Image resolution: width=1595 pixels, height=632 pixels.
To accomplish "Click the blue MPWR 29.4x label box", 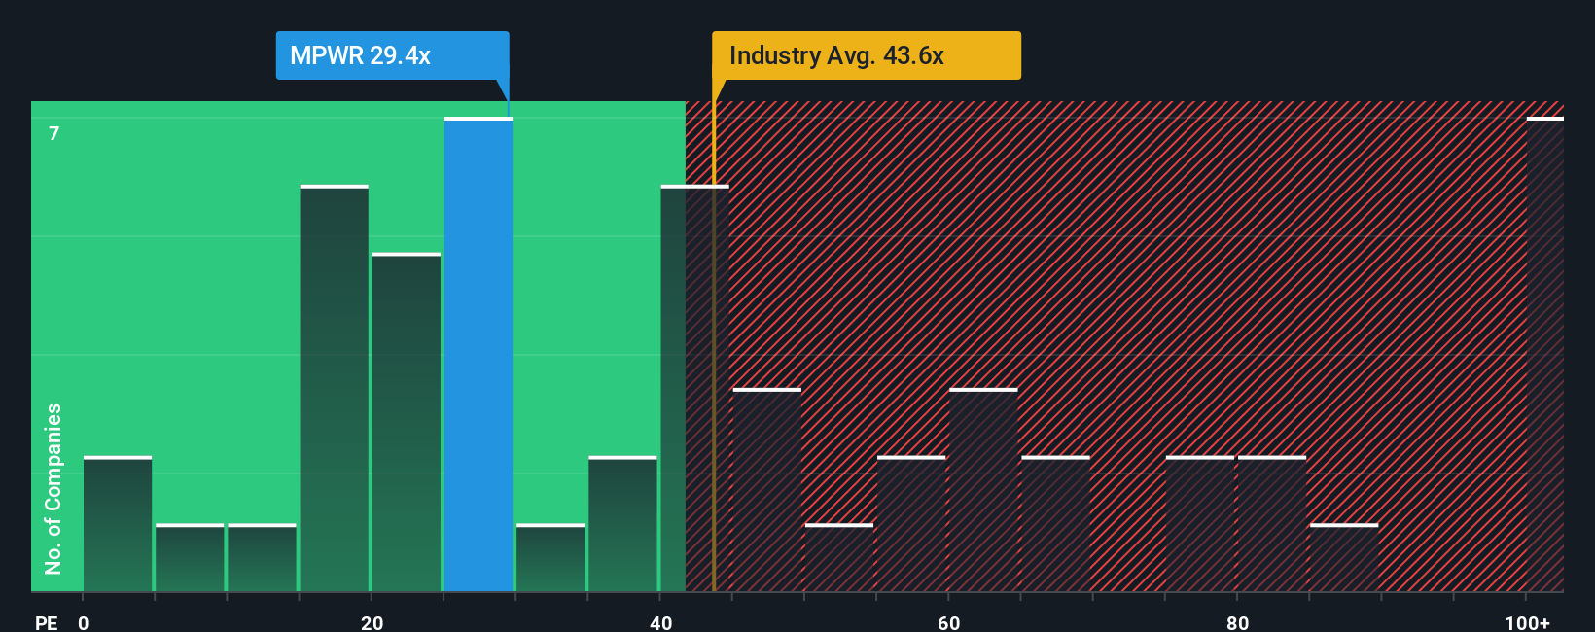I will pyautogui.click(x=392, y=55).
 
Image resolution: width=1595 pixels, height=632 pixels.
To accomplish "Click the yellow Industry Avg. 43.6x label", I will pyautogui.click(x=866, y=55).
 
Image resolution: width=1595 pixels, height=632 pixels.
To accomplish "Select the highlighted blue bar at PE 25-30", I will pyautogui.click(x=478, y=355).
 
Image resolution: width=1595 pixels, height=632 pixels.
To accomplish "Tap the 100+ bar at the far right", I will pyautogui.click(x=1544, y=355).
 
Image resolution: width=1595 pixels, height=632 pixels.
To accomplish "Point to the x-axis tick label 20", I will pyautogui.click(x=372, y=622).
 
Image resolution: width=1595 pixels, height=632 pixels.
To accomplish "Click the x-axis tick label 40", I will pyautogui.click(x=660, y=622).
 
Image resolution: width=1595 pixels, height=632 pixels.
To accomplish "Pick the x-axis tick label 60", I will pyautogui.click(x=949, y=622).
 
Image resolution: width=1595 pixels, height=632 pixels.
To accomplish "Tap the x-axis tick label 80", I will pyautogui.click(x=1237, y=622).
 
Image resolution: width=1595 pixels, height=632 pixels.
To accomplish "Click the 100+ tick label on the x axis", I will pyautogui.click(x=1527, y=622).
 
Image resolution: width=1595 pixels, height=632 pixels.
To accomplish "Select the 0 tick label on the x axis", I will pyautogui.click(x=84, y=622).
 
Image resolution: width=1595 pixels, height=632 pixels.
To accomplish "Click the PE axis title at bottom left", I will pyautogui.click(x=46, y=622).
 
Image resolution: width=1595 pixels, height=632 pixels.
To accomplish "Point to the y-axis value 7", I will pyautogui.click(x=54, y=133).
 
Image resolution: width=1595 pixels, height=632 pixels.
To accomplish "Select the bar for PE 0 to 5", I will pyautogui.click(x=118, y=525).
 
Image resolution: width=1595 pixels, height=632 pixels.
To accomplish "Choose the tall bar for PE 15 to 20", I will pyautogui.click(x=335, y=389).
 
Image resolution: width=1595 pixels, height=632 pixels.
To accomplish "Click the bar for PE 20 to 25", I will pyautogui.click(x=407, y=423).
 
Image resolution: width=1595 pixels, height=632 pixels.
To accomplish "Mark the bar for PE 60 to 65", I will pyautogui.click(x=983, y=491).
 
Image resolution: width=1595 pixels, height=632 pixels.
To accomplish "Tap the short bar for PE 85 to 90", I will pyautogui.click(x=1344, y=559).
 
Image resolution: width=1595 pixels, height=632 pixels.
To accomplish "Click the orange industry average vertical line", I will pyautogui.click(x=714, y=389).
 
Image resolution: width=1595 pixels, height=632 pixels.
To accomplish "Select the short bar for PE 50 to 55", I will pyautogui.click(x=839, y=559).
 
